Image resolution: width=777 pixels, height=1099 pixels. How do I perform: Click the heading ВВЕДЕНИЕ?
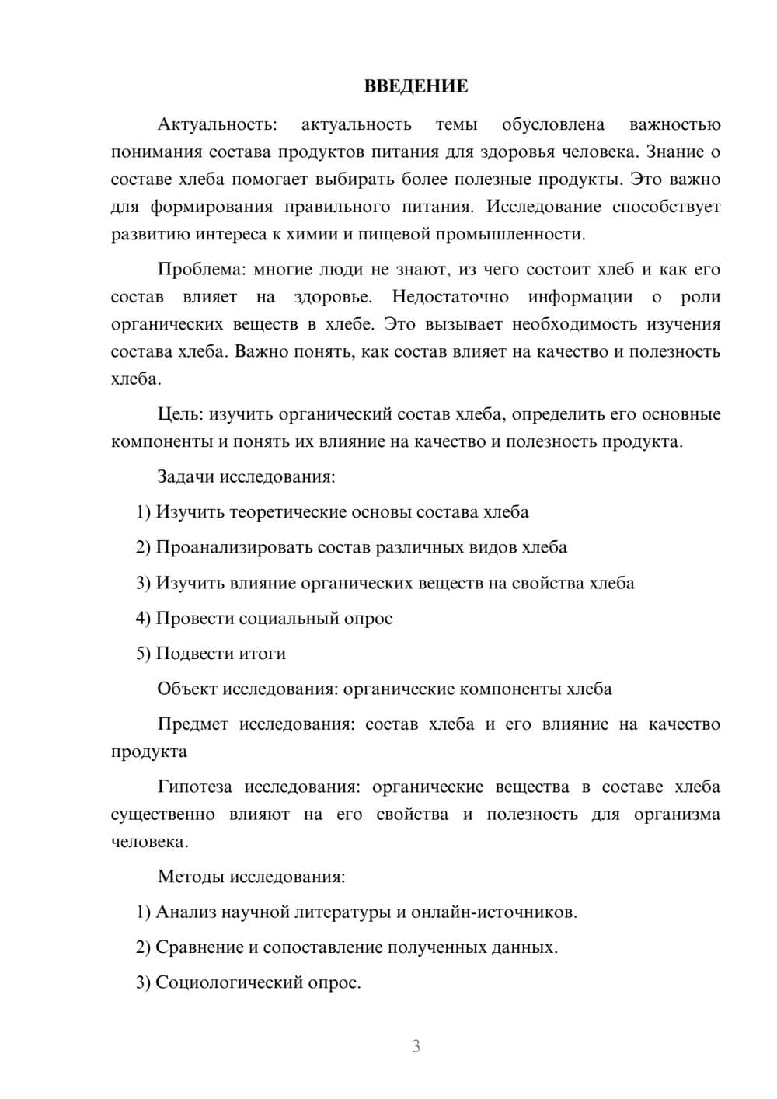(416, 86)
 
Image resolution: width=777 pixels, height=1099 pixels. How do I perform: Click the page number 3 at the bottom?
(416, 1046)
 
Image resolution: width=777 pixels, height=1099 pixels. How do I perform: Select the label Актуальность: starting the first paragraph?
(217, 124)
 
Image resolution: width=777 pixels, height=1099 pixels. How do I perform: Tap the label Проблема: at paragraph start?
(201, 270)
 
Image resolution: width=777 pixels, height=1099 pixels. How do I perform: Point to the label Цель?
(180, 414)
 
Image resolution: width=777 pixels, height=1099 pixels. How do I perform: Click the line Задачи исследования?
(246, 476)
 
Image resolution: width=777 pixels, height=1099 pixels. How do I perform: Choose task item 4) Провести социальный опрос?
(264, 619)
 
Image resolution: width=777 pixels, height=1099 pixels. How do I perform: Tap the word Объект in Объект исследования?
(187, 689)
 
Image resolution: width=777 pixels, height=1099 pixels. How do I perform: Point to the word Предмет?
(193, 724)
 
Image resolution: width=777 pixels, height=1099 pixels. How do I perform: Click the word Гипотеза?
(195, 787)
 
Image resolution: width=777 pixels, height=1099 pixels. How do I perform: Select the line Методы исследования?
(251, 877)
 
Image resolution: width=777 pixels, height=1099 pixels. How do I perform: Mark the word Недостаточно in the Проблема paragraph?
(451, 297)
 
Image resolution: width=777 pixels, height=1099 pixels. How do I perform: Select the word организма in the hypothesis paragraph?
(678, 815)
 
